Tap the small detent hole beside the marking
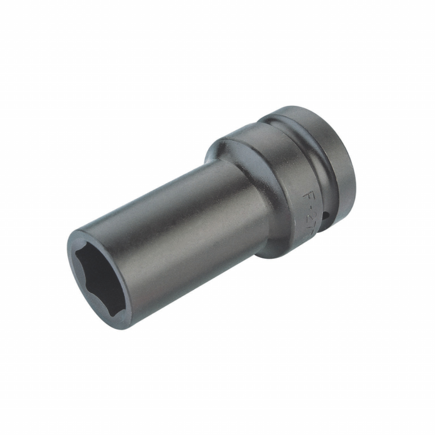click(328, 216)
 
